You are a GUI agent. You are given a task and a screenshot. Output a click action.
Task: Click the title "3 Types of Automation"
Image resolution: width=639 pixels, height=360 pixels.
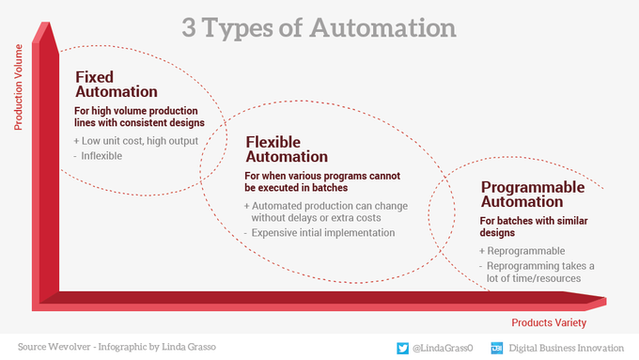click(319, 28)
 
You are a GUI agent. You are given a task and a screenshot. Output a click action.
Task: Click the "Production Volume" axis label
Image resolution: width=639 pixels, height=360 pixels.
click(19, 87)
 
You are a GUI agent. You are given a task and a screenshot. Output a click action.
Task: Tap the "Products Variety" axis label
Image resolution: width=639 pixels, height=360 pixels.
click(549, 323)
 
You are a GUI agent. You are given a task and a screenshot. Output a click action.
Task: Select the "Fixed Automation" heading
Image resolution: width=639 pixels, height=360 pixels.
click(117, 85)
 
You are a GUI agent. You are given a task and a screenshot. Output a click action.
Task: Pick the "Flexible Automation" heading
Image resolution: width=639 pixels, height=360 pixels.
click(287, 149)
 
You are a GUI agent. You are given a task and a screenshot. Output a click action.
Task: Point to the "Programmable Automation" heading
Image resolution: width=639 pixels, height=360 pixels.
click(533, 195)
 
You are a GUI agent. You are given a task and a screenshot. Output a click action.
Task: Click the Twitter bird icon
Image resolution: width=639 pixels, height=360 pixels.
click(402, 348)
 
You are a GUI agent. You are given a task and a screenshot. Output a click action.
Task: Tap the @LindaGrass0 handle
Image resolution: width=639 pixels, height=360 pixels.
click(443, 348)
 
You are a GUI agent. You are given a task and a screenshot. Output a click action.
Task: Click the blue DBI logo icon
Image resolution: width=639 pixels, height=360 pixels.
click(497, 348)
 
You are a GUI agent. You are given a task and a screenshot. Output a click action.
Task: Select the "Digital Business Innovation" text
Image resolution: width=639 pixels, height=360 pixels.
click(566, 348)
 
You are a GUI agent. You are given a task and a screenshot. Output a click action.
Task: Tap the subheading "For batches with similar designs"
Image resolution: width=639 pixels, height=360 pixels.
click(534, 227)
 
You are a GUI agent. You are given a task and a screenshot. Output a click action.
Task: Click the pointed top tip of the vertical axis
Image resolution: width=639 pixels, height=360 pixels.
click(46, 23)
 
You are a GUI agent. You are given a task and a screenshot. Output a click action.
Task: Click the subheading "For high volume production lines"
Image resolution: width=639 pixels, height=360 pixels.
click(135, 111)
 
